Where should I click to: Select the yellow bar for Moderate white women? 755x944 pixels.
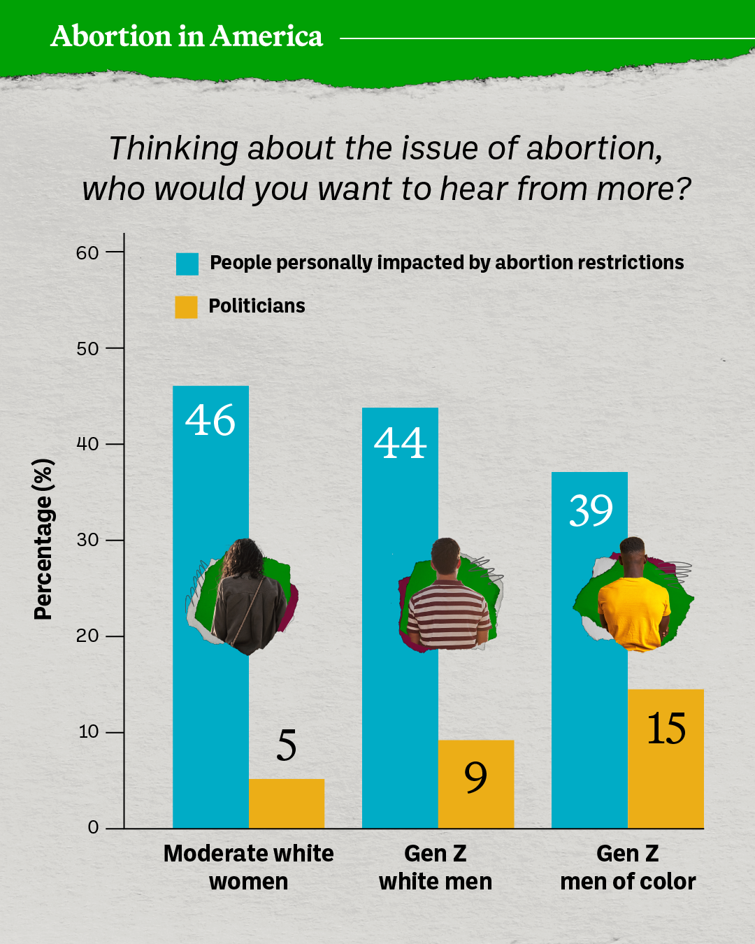[287, 803]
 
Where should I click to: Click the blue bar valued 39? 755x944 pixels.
[589, 734]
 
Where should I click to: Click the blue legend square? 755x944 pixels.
[187, 264]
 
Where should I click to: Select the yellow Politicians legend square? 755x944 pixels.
[187, 307]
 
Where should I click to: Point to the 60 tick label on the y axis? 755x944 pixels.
[88, 252]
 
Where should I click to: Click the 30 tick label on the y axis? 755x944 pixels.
[88, 540]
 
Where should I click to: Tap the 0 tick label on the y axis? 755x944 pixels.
[94, 828]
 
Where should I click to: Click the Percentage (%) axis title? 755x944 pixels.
[43, 539]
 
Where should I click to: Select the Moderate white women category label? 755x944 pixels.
[248, 867]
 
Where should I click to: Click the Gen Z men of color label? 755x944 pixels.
[628, 867]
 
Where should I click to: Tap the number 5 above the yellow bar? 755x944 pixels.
[287, 745]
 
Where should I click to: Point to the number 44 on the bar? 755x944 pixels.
[400, 443]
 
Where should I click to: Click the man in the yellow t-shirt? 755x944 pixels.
[634, 598]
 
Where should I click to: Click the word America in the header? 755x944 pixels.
[266, 36]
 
